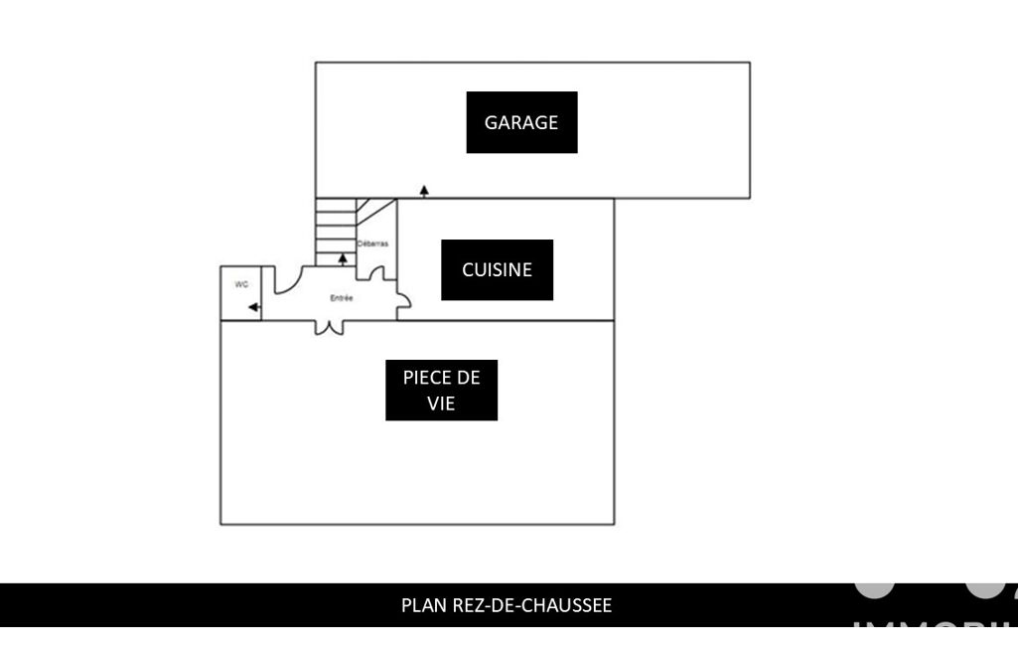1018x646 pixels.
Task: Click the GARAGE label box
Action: click(x=521, y=122)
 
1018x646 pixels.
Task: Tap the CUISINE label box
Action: click(x=497, y=269)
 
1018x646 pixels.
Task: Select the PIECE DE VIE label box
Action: click(x=441, y=391)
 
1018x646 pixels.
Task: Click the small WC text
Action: click(x=240, y=284)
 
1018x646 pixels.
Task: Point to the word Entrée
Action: click(x=342, y=298)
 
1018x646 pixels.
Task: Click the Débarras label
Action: click(x=372, y=243)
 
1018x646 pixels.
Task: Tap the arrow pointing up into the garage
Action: click(x=424, y=190)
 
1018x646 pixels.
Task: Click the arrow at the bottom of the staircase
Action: click(x=343, y=258)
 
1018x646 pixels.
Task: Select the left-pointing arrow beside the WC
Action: click(x=254, y=307)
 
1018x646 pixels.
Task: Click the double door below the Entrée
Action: click(x=329, y=327)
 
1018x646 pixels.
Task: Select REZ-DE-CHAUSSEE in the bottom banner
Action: click(x=528, y=605)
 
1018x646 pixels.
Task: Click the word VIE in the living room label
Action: click(x=441, y=404)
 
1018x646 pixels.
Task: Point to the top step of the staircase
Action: click(x=335, y=205)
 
